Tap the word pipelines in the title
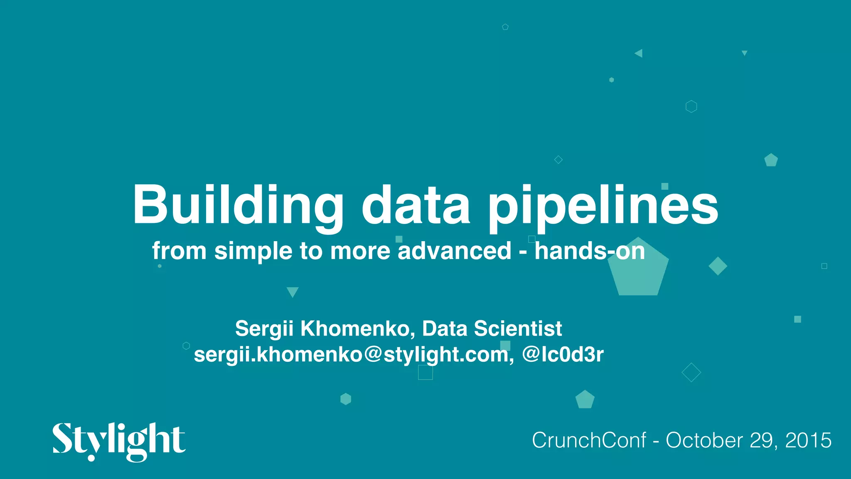tap(603, 206)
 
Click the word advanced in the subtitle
tap(454, 251)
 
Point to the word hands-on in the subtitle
tap(590, 251)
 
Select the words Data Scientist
tap(492, 328)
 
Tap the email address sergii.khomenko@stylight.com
tap(351, 355)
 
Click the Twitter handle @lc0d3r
tap(563, 355)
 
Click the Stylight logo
tap(119, 441)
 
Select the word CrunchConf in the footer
tap(589, 440)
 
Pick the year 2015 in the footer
tap(808, 440)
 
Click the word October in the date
tap(704, 440)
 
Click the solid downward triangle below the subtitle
tap(293, 291)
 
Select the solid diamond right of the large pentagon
tap(718, 266)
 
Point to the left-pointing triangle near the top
tap(639, 53)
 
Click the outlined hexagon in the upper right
tap(691, 106)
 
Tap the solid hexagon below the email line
tap(346, 399)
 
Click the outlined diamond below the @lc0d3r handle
tap(691, 373)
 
